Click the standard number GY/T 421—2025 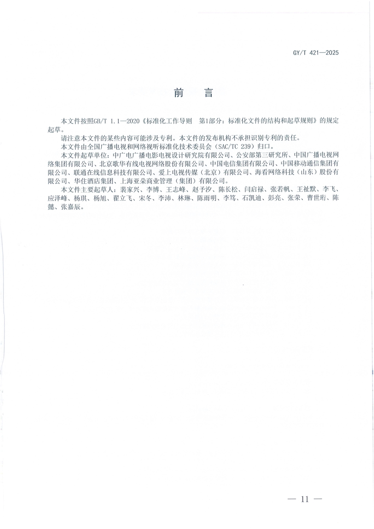[x=316, y=53]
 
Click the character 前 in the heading [x=178, y=93]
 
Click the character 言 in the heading [x=208, y=93]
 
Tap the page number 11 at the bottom [x=305, y=499]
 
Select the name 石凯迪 [x=251, y=198]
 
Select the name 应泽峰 [x=57, y=198]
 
